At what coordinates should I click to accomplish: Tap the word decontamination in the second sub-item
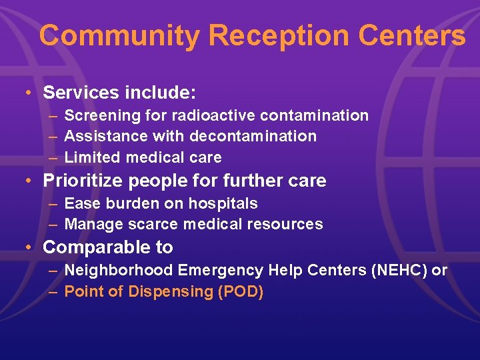pos(253,137)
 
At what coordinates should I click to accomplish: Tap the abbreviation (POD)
pos(241,291)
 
